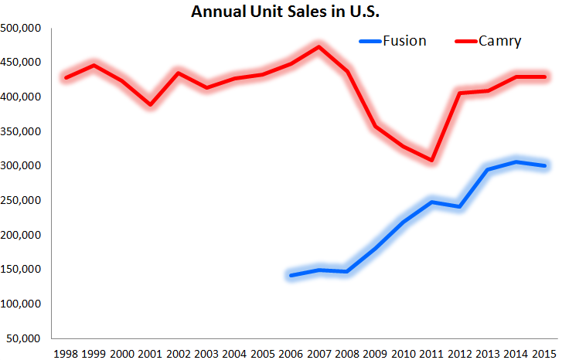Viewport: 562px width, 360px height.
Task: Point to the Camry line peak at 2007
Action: [x=319, y=46]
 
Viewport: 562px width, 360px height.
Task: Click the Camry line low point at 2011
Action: [x=432, y=161]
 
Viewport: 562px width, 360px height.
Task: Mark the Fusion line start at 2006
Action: [x=291, y=275]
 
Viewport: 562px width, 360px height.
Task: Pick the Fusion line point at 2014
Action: [x=516, y=161]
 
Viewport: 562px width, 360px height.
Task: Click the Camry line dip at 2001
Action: [x=151, y=104]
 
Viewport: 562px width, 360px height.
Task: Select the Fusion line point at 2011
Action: [x=432, y=202]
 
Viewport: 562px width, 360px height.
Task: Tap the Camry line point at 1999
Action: [x=94, y=65]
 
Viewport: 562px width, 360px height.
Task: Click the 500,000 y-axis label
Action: [x=22, y=29]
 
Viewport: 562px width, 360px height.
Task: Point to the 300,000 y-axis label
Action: [x=22, y=166]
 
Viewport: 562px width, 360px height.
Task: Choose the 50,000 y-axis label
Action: [x=25, y=338]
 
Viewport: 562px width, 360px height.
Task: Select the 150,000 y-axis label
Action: [x=22, y=270]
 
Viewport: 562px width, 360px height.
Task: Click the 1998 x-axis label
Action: [x=66, y=353]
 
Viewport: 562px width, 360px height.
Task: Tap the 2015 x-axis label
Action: [x=544, y=353]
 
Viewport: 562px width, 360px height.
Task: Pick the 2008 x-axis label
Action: [x=347, y=353]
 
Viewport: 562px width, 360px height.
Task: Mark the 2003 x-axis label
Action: [x=206, y=353]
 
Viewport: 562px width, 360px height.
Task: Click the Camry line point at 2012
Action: [x=460, y=93]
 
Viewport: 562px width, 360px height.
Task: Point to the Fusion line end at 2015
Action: [x=544, y=165]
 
